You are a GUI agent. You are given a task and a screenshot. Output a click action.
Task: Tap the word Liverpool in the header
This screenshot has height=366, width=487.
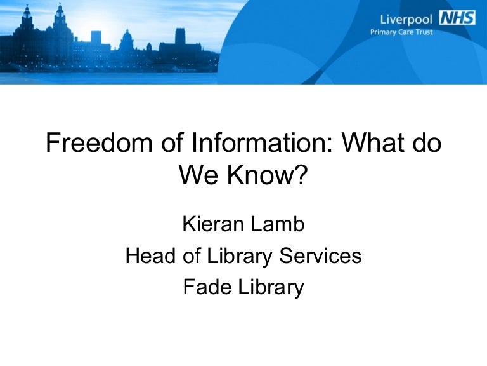pos(405,18)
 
